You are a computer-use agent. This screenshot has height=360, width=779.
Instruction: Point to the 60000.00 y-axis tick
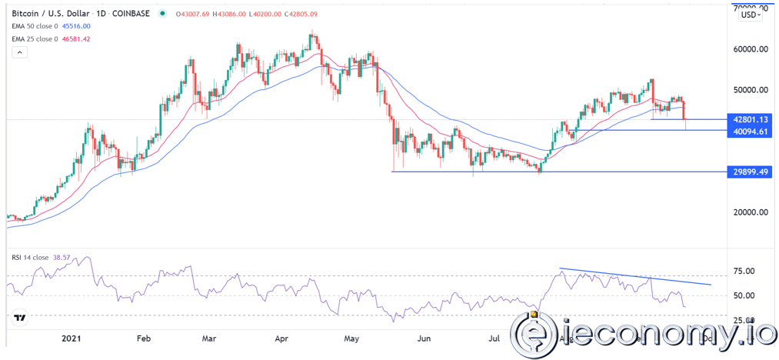point(751,50)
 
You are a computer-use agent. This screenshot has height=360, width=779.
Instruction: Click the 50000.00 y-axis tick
point(751,90)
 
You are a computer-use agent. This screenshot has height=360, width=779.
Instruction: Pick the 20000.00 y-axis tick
point(751,213)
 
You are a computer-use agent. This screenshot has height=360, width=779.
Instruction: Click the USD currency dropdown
point(751,14)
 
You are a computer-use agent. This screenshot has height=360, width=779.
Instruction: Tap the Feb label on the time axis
point(143,336)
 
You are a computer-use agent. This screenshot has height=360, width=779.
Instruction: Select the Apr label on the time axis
point(282,336)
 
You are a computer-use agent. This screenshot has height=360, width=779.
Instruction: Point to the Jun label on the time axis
point(422,336)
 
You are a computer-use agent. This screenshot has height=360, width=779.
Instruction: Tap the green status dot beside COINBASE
point(163,12)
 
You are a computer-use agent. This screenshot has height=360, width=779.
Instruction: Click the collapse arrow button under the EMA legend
point(20,52)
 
